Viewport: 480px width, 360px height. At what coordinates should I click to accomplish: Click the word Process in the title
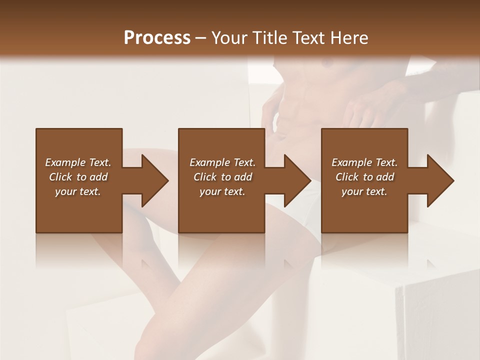coord(157,38)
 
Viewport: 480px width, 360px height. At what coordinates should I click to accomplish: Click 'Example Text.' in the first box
coord(78,162)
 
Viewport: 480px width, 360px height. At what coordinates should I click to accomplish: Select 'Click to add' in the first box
coord(78,177)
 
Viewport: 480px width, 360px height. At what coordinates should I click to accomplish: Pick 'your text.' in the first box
coord(78,191)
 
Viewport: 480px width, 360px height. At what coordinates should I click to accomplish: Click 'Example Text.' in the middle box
coord(222,162)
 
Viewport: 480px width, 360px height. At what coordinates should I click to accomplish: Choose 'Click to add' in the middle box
coord(222,177)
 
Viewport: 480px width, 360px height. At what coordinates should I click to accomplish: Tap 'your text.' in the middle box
coord(222,191)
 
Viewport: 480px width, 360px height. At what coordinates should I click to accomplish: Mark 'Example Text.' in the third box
coord(364,162)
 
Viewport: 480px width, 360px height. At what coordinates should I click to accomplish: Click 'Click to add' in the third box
coord(364,177)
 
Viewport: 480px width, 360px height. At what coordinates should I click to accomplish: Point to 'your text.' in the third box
coord(364,191)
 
